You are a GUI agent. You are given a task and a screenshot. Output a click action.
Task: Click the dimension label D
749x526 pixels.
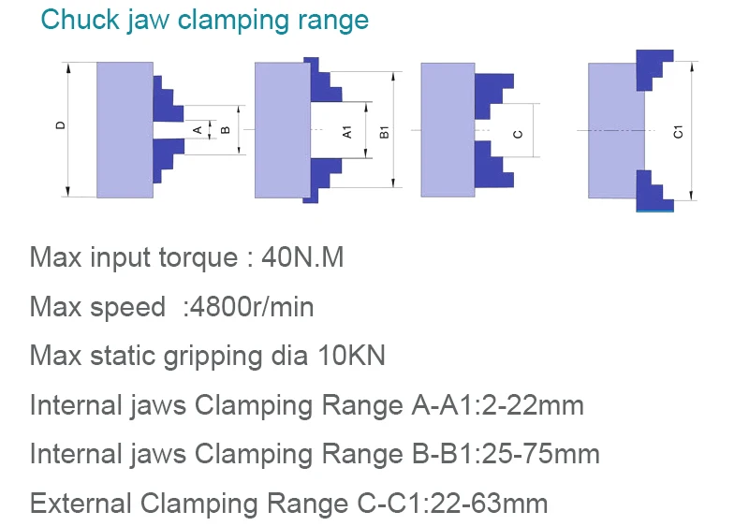pyautogui.click(x=60, y=125)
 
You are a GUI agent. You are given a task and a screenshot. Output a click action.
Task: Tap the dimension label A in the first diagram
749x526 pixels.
pyautogui.click(x=198, y=130)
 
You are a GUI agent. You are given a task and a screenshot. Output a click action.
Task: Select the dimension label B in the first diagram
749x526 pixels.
pyautogui.click(x=226, y=130)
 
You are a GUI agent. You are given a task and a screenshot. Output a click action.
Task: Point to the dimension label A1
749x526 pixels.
pyautogui.click(x=347, y=132)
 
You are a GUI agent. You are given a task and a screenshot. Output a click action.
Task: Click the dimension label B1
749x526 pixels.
pyautogui.click(x=385, y=132)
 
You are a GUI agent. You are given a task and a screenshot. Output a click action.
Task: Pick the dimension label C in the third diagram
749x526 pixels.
pyautogui.click(x=518, y=134)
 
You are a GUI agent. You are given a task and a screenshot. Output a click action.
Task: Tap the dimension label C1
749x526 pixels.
pyautogui.click(x=678, y=132)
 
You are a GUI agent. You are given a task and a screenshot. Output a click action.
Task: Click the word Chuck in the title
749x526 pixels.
pyautogui.click(x=81, y=20)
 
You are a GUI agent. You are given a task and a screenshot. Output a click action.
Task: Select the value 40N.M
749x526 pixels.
pyautogui.click(x=302, y=257)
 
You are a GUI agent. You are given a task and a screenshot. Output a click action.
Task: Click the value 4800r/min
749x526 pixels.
pyautogui.click(x=251, y=306)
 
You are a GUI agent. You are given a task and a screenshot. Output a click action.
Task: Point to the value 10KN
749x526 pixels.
pyautogui.click(x=352, y=356)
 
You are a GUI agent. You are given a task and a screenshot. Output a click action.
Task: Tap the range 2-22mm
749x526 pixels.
pyautogui.click(x=533, y=405)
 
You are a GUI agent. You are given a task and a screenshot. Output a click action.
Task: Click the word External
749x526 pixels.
pyautogui.click(x=81, y=504)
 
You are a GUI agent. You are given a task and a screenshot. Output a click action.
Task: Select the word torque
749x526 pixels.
pyautogui.click(x=198, y=258)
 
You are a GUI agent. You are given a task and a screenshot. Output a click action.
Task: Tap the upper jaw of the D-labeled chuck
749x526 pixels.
pyautogui.click(x=167, y=99)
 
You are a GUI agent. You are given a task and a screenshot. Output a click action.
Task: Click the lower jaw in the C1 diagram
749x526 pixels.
pyautogui.click(x=654, y=191)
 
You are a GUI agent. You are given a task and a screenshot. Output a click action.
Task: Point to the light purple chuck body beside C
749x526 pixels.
pyautogui.click(x=448, y=130)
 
